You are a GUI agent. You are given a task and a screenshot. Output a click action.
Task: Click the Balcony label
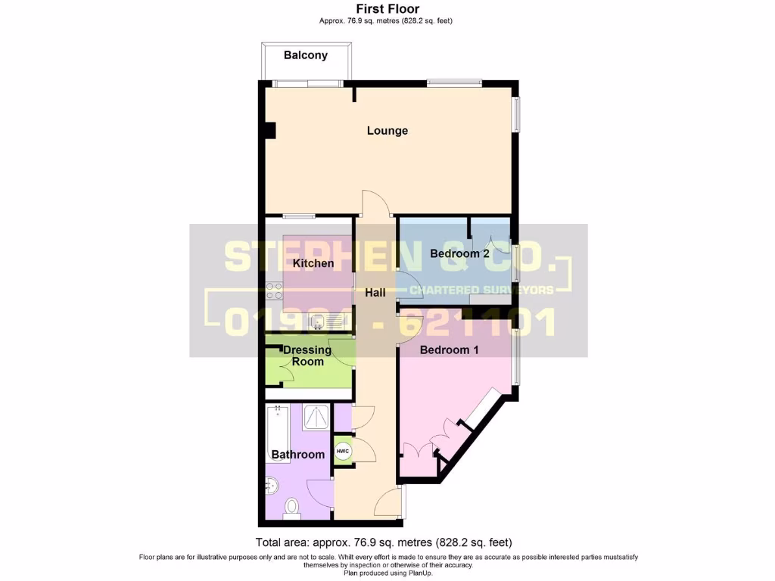pyautogui.click(x=306, y=55)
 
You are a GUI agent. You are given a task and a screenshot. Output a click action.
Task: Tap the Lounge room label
pyautogui.click(x=387, y=131)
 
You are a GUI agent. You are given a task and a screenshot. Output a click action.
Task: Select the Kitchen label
pyautogui.click(x=313, y=264)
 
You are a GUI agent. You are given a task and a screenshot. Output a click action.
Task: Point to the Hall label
pyautogui.click(x=375, y=293)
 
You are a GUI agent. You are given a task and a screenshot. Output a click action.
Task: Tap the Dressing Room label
pyautogui.click(x=307, y=356)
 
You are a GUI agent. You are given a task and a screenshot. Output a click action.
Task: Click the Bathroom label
pyautogui.click(x=298, y=455)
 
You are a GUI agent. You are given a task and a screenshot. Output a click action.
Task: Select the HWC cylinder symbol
pyautogui.click(x=342, y=452)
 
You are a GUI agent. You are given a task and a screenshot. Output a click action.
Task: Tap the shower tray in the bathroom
pyautogui.click(x=316, y=418)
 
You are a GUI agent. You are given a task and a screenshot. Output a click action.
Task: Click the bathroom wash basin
pyautogui.click(x=272, y=485)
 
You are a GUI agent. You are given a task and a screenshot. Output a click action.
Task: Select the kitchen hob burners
pyautogui.click(x=273, y=291)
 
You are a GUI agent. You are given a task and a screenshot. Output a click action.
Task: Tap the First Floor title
pyautogui.click(x=387, y=9)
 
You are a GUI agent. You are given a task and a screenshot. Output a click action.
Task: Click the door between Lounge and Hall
pyautogui.click(x=376, y=204)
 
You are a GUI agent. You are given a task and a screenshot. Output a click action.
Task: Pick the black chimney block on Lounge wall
pyautogui.click(x=269, y=130)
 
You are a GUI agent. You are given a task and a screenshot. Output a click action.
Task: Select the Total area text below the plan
pyautogui.click(x=384, y=542)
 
